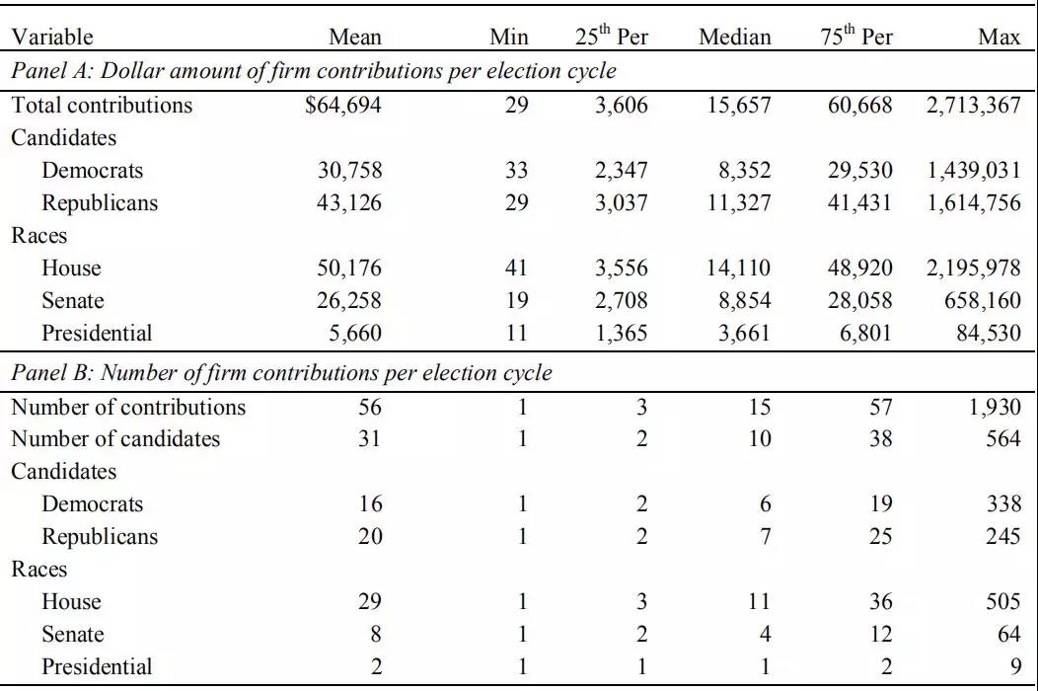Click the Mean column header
pyautogui.click(x=355, y=38)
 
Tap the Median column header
pyautogui.click(x=735, y=38)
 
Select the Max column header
pyautogui.click(x=999, y=38)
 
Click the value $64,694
pyautogui.click(x=343, y=106)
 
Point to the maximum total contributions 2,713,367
pyautogui.click(x=973, y=106)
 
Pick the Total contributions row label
pyautogui.click(x=102, y=106)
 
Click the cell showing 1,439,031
pyautogui.click(x=973, y=170)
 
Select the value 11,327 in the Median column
pyautogui.click(x=739, y=202)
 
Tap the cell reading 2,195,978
pyautogui.click(x=973, y=268)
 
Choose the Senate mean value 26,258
pyautogui.click(x=349, y=300)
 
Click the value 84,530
pyautogui.click(x=989, y=333)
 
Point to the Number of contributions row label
pyautogui.click(x=128, y=407)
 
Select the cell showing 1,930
pyautogui.click(x=995, y=407)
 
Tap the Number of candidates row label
pyautogui.click(x=115, y=438)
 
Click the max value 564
pyautogui.click(x=1002, y=438)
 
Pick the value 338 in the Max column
pyautogui.click(x=1002, y=504)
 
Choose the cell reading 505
pyautogui.click(x=1002, y=601)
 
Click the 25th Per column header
pyautogui.click(x=611, y=36)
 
